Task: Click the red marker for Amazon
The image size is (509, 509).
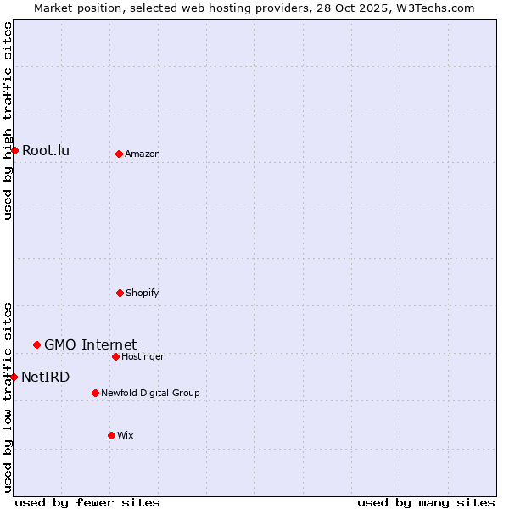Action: click(x=119, y=154)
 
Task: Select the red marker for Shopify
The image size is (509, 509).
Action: click(x=120, y=293)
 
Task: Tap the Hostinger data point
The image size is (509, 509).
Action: click(x=115, y=356)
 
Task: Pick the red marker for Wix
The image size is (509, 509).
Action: click(x=111, y=435)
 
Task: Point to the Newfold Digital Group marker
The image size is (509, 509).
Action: click(x=95, y=393)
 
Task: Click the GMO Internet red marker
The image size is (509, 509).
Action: click(x=36, y=344)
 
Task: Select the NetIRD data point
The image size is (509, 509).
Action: click(x=14, y=377)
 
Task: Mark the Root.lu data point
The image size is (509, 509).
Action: click(x=14, y=150)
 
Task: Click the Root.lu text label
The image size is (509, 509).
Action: click(x=46, y=151)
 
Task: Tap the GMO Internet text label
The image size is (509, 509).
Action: click(x=90, y=344)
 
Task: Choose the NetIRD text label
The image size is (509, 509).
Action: click(x=46, y=377)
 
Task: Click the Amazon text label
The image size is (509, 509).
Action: click(x=143, y=154)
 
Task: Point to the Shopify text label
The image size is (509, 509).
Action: click(x=143, y=293)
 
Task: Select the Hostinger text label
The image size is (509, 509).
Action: click(x=143, y=356)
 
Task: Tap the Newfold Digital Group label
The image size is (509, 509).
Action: click(x=150, y=393)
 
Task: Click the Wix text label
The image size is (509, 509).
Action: click(x=126, y=435)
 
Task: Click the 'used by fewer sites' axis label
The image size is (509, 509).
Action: click(x=87, y=502)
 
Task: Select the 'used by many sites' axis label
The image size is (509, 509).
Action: click(x=426, y=502)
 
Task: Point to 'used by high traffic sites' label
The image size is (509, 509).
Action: click(x=8, y=120)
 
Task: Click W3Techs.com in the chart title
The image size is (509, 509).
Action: click(x=428, y=8)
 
